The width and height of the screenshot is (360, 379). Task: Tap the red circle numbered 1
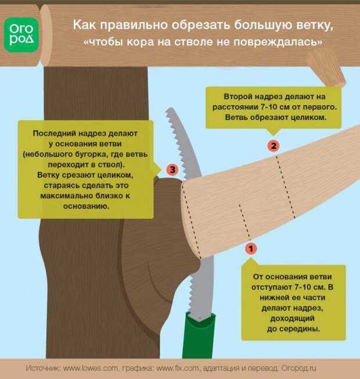[251, 248]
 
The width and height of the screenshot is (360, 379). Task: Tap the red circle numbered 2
[275, 145]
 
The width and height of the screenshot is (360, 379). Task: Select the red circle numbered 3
[171, 169]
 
